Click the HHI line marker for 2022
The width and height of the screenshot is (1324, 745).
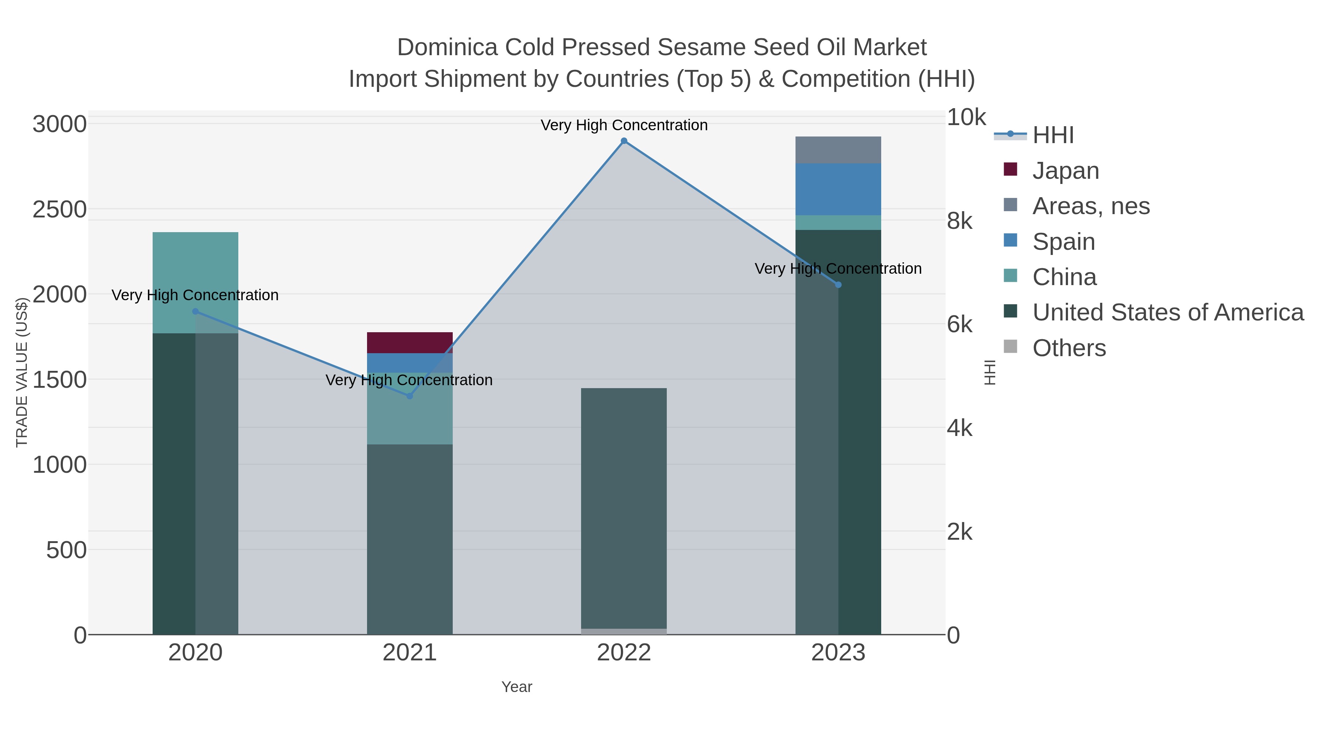click(624, 141)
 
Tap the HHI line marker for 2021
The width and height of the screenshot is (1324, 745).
click(410, 396)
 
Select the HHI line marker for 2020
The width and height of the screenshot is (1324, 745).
click(195, 311)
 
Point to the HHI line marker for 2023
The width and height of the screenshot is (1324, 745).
click(838, 285)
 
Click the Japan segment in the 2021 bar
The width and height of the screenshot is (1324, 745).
click(410, 343)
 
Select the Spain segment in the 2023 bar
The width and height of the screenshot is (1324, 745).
click(838, 189)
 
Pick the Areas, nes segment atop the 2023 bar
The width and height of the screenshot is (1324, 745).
click(838, 150)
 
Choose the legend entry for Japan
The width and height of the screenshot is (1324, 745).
click(1065, 171)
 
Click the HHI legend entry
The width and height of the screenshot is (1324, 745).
click(1053, 135)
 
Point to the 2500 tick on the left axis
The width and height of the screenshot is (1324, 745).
click(60, 210)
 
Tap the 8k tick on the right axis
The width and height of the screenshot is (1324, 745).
click(960, 221)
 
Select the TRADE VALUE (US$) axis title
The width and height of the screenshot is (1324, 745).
click(22, 372)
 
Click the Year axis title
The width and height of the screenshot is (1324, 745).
click(517, 687)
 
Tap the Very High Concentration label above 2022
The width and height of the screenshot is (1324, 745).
click(624, 125)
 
